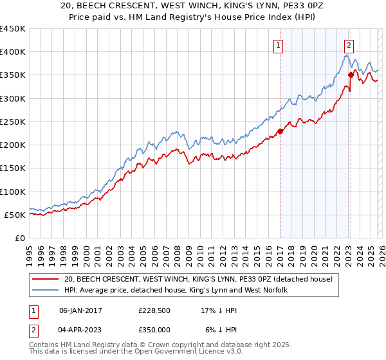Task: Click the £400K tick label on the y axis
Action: (x=12, y=52)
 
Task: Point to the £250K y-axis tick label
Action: (x=12, y=122)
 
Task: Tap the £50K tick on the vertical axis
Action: (x=15, y=215)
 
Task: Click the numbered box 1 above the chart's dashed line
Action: (x=279, y=45)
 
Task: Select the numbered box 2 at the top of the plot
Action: (x=348, y=45)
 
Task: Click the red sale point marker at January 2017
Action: (x=280, y=132)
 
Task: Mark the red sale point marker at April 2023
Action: (x=351, y=75)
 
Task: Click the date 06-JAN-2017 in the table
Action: (x=79, y=310)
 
